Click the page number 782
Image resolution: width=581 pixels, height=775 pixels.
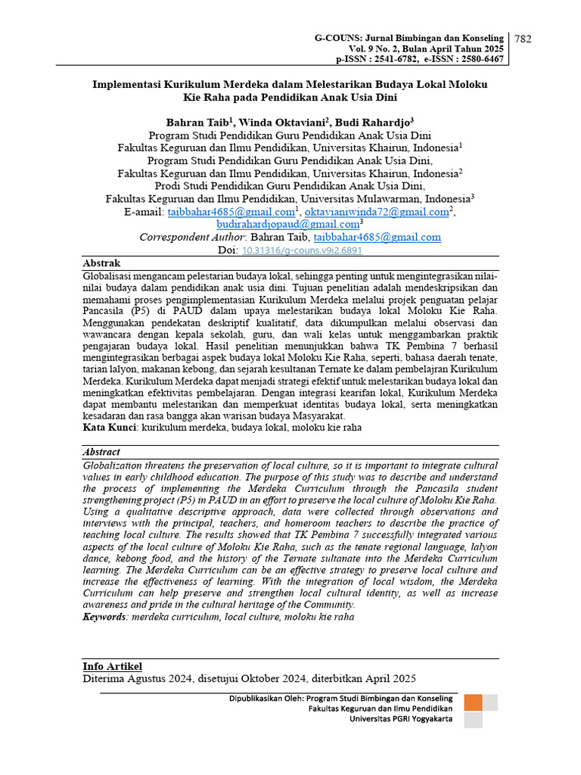pos(524,39)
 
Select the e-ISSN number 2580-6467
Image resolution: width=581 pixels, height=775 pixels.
pos(476,58)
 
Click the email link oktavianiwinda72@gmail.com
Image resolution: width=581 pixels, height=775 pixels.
pos(376,212)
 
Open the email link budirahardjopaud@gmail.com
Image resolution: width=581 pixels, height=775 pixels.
pos(287,225)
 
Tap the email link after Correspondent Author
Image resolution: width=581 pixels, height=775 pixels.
pos(377,237)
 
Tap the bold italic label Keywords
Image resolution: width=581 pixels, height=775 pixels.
pos(104,617)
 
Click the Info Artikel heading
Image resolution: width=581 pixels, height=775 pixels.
pos(112,666)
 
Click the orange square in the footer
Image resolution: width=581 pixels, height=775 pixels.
pos(473,702)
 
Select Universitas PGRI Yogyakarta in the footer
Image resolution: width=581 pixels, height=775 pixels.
pos(401,719)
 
